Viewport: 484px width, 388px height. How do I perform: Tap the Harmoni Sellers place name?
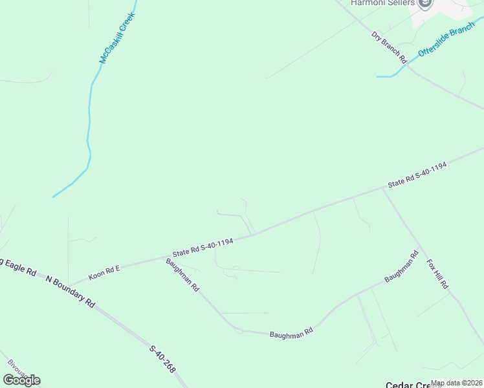pyautogui.click(x=382, y=3)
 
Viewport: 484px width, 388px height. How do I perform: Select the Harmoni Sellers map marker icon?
pyautogui.click(x=425, y=5)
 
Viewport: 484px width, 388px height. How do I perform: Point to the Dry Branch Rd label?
pyautogui.click(x=389, y=47)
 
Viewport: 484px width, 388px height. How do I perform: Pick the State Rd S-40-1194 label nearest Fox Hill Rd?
pyautogui.click(x=417, y=175)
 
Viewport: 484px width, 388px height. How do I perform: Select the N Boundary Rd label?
pyautogui.click(x=71, y=292)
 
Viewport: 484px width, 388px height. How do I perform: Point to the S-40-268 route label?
pyautogui.click(x=162, y=360)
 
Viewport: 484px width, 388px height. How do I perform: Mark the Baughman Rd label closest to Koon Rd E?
pyautogui.click(x=182, y=275)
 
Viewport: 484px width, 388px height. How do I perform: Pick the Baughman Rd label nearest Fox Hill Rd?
pyautogui.click(x=401, y=266)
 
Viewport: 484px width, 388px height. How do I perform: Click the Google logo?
pyautogui.click(x=21, y=380)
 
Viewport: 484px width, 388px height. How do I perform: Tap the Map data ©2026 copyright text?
pyautogui.click(x=456, y=383)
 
